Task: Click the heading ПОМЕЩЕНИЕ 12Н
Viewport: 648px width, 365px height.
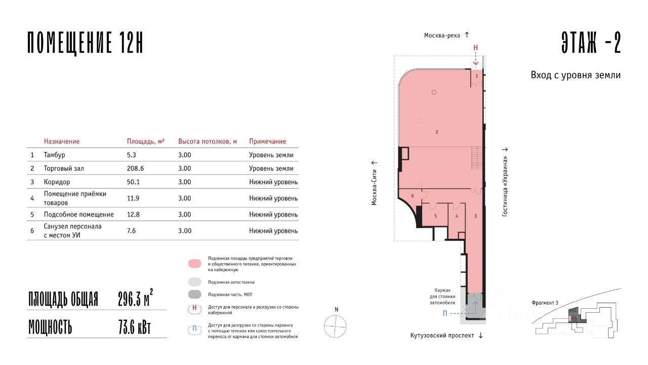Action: (x=86, y=43)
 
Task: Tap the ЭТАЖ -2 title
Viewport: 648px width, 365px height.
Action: (x=591, y=43)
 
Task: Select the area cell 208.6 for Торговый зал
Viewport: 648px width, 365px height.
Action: (x=135, y=168)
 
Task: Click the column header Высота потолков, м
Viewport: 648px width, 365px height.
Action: (x=208, y=141)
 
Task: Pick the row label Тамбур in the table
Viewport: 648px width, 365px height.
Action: (x=54, y=155)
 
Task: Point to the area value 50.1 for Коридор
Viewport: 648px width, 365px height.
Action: (x=133, y=182)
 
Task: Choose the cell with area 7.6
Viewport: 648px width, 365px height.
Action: (x=131, y=231)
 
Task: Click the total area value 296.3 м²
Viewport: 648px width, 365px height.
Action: (x=135, y=298)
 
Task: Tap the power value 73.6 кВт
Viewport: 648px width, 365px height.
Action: (x=135, y=327)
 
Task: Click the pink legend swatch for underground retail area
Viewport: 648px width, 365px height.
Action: (x=195, y=264)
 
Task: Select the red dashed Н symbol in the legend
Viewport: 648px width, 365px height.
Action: (x=195, y=309)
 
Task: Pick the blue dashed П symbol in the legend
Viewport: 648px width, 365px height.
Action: (x=195, y=330)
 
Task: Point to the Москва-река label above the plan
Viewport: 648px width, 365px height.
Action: (x=442, y=35)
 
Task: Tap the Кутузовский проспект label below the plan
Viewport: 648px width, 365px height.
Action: (x=442, y=336)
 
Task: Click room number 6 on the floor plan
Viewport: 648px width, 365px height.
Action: (x=413, y=196)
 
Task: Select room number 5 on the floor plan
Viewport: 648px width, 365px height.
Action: (x=435, y=216)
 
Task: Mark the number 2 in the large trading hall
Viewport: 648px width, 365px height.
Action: (x=437, y=132)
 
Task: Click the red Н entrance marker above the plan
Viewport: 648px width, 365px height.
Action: (x=475, y=48)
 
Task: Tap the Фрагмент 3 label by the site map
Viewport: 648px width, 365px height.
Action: (x=545, y=303)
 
